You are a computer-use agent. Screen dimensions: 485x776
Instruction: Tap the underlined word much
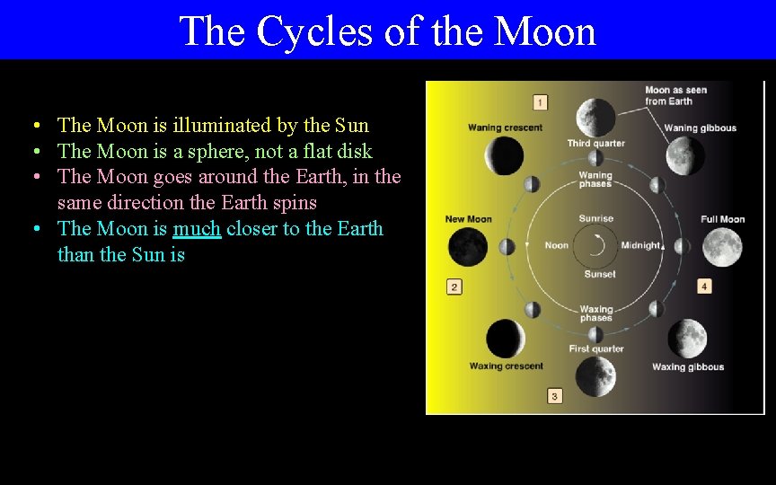197,229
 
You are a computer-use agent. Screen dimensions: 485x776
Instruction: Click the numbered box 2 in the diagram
454,287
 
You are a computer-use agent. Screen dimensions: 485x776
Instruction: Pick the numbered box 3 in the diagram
554,395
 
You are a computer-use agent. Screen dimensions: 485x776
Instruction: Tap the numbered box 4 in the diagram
704,286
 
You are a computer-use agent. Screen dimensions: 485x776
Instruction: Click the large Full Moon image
722,247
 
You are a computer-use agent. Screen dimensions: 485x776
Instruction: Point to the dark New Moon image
467,247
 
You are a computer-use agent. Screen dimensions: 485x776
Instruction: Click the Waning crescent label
505,128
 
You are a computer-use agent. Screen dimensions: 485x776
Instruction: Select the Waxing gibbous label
687,366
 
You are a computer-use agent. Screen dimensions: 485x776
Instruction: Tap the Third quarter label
595,144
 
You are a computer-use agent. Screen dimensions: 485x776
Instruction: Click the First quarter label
595,348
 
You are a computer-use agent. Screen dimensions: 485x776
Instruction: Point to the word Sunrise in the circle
596,218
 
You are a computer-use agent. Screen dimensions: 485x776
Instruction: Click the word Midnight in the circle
640,246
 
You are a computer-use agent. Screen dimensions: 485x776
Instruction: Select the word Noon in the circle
557,246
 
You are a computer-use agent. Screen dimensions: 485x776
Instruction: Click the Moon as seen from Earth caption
675,95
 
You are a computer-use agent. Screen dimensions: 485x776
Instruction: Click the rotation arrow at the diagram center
595,245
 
